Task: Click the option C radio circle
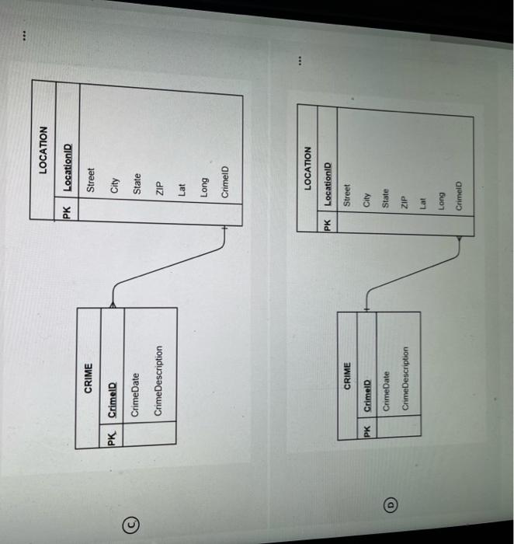point(131,525)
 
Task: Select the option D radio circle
point(391,504)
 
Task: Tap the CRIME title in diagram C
point(88,378)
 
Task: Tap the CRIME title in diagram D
point(347,375)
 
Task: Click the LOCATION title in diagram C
point(43,150)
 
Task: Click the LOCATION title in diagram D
point(307,169)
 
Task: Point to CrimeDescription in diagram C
point(158,381)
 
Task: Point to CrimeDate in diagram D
point(386,392)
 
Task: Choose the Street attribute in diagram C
point(91,180)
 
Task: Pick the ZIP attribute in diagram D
point(403,202)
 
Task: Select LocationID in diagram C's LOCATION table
point(68,167)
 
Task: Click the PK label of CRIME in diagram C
point(111,438)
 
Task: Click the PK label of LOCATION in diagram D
point(327,225)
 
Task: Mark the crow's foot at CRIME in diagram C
point(113,305)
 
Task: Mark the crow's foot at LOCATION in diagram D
point(459,239)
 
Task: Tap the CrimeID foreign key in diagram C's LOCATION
point(224,182)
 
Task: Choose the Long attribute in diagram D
point(441,201)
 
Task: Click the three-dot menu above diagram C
point(24,36)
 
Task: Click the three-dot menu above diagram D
point(300,61)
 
